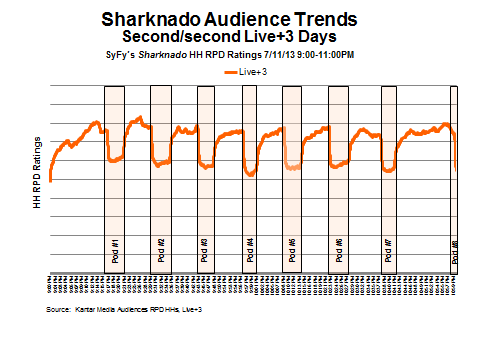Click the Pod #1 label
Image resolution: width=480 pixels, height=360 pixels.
[116, 248]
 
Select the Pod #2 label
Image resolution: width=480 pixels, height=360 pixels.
[162, 248]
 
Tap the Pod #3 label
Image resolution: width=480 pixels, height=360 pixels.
[205, 248]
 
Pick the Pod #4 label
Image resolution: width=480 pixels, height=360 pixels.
[250, 248]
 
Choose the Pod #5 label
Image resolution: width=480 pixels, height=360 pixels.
[292, 248]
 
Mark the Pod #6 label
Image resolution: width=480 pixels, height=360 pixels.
[339, 248]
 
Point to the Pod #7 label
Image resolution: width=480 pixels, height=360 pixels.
[386, 248]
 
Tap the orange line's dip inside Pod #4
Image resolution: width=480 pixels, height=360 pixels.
[250, 174]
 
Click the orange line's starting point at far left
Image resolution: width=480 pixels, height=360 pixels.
[50, 180]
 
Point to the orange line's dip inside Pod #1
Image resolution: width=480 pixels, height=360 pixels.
[114, 160]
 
